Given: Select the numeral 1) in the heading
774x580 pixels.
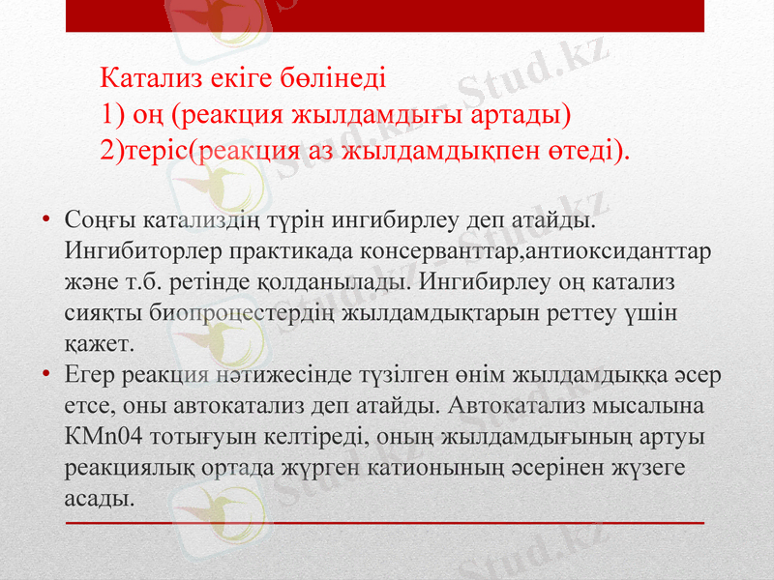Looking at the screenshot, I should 112,115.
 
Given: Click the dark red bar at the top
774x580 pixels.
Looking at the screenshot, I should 387,15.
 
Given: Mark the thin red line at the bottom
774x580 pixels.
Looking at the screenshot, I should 387,522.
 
